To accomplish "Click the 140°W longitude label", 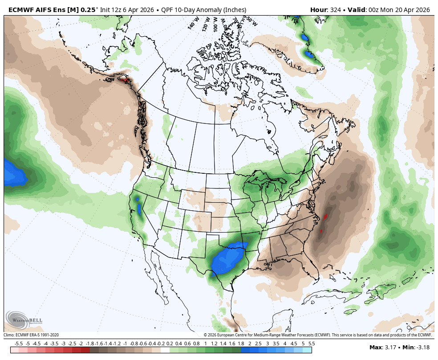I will pyautogui.click(x=192, y=24).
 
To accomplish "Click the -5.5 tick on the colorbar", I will pyautogui.click(x=19, y=344).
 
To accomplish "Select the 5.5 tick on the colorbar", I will pyautogui.click(x=312, y=344).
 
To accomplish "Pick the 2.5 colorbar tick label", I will pyautogui.click(x=258, y=344).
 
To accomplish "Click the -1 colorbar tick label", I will pyautogui.click(x=125, y=344).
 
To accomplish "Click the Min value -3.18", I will pyautogui.click(x=423, y=348).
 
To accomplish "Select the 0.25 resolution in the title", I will pyautogui.click(x=87, y=10).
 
